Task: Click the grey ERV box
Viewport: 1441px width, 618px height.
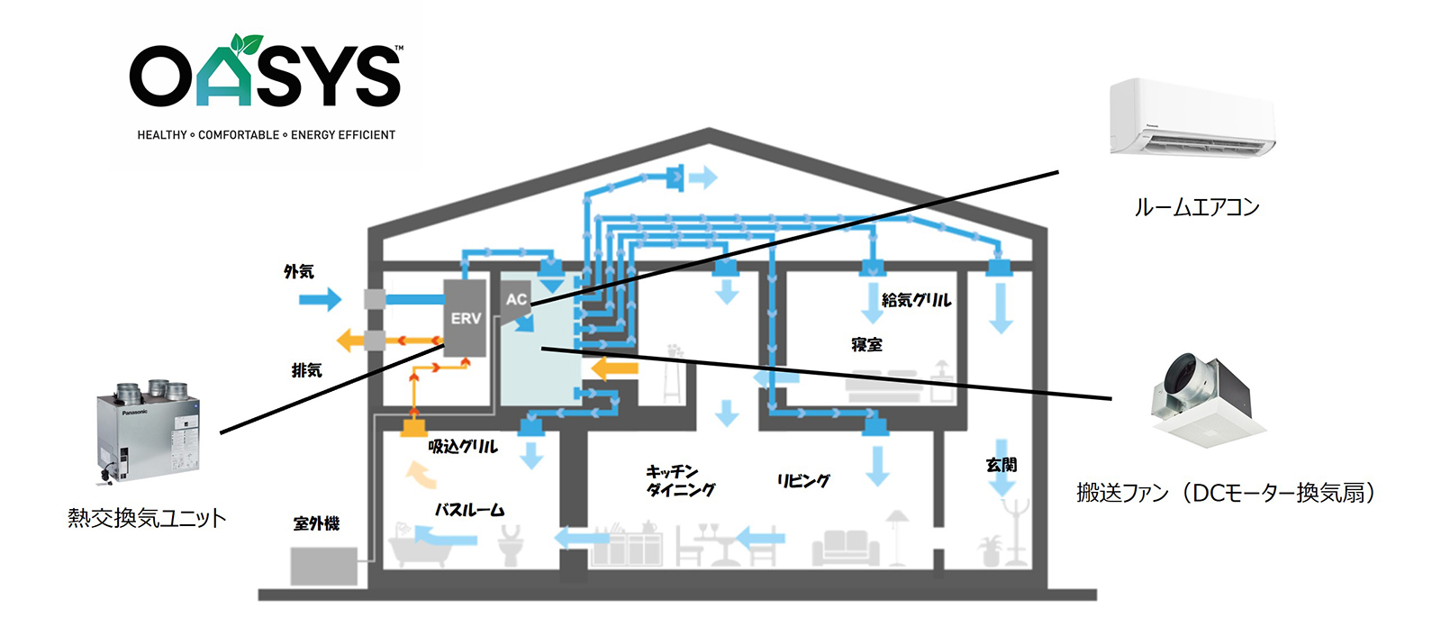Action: [466, 317]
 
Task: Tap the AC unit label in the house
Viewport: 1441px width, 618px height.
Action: [516, 299]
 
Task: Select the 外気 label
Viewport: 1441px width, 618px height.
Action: [299, 271]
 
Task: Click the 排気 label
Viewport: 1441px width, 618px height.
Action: [306, 370]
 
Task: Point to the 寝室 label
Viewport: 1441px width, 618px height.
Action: [866, 344]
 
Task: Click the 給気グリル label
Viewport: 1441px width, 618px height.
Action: [916, 300]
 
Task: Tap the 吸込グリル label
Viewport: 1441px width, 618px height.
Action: [463, 446]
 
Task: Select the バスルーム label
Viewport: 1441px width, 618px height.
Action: [469, 510]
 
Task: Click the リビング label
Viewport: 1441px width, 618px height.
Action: [803, 480]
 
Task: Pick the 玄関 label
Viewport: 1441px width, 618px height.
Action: [1001, 465]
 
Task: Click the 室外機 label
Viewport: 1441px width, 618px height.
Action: [316, 523]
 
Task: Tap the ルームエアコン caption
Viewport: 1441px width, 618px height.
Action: [1196, 207]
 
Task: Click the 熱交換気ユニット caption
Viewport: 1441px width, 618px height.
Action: [147, 518]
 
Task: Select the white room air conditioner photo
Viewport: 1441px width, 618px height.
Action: [1192, 118]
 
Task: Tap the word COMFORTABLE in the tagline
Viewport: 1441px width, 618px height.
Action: [239, 135]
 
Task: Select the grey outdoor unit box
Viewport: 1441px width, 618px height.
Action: [323, 567]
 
